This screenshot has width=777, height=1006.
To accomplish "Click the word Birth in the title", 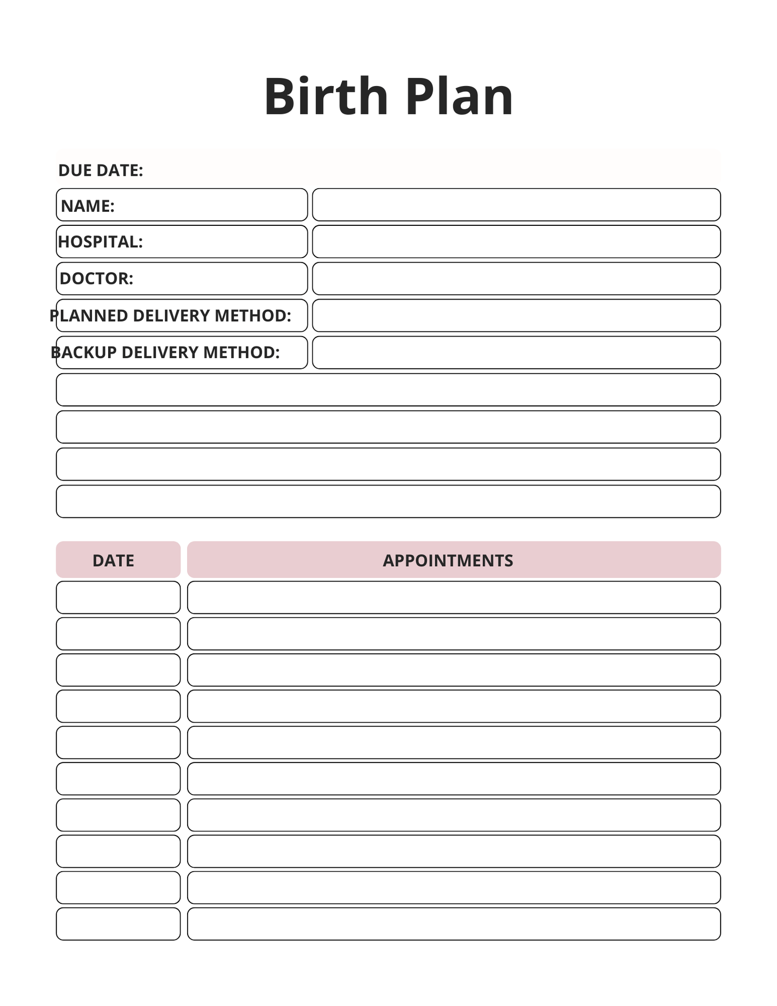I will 326,97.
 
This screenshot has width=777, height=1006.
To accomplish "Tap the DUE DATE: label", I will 101,170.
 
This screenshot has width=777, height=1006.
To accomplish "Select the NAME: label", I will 88,206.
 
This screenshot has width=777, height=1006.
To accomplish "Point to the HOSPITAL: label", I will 101,242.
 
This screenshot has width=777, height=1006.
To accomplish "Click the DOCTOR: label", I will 96,279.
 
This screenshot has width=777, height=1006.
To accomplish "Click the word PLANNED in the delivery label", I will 89,316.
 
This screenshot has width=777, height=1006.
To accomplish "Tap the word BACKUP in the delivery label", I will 83,353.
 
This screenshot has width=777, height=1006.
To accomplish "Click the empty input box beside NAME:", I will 516,205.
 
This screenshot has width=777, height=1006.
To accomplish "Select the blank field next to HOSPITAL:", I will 516,242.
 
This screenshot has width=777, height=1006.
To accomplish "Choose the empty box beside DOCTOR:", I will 516,279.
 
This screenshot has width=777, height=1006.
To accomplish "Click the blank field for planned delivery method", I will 516,316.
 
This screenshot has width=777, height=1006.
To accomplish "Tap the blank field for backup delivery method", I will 516,353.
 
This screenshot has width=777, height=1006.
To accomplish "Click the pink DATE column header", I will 118,560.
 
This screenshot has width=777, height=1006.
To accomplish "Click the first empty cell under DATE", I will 118,597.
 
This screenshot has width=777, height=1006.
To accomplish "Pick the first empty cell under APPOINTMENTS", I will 453,597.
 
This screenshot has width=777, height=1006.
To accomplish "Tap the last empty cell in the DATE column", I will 118,924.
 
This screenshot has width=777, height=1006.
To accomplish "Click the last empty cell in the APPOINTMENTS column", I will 453,924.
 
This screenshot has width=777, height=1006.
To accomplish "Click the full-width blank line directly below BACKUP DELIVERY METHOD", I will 388,390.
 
